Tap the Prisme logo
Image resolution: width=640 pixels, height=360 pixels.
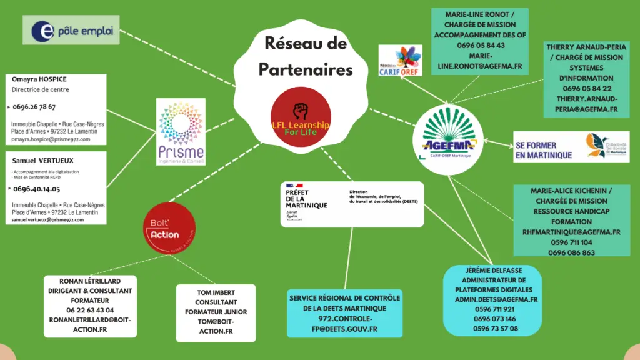[x=181, y=131]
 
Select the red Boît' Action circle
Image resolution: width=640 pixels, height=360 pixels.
[x=164, y=228]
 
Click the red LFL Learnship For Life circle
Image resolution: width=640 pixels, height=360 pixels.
[x=301, y=117]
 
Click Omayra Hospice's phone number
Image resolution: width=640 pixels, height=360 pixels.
[x=34, y=107]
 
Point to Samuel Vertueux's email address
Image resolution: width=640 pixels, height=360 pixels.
[x=48, y=220]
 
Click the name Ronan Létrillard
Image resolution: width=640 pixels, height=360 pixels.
[x=90, y=281]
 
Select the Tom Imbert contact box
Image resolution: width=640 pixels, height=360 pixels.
[x=216, y=312]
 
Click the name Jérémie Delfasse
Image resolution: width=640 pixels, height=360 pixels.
[x=491, y=271]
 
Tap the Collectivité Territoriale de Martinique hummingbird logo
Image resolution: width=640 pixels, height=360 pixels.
[x=596, y=146]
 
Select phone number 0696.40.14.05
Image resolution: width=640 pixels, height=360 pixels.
[x=37, y=189]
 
